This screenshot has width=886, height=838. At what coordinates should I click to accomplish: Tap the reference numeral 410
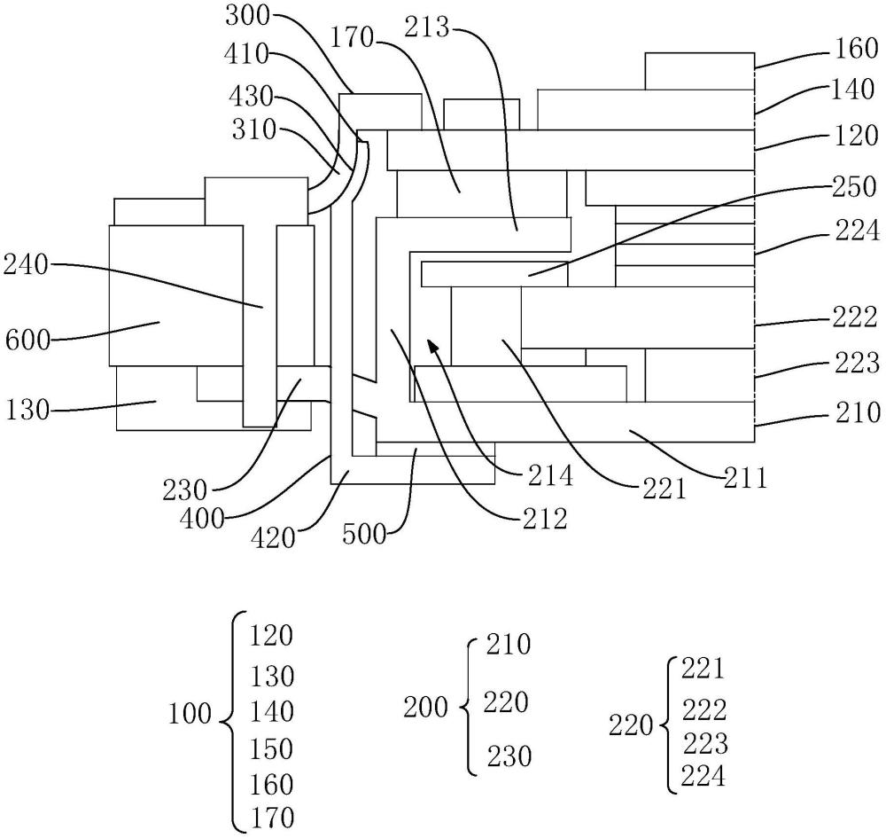[248, 55]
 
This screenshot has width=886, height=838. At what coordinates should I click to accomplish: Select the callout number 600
[26, 338]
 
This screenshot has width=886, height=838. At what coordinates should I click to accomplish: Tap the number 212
[541, 518]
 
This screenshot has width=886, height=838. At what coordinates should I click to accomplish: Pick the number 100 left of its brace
[190, 713]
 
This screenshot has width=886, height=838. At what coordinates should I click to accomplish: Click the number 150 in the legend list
[270, 749]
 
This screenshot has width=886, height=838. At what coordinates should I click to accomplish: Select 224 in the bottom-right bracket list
[703, 778]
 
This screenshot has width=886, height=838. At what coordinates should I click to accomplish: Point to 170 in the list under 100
[270, 816]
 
